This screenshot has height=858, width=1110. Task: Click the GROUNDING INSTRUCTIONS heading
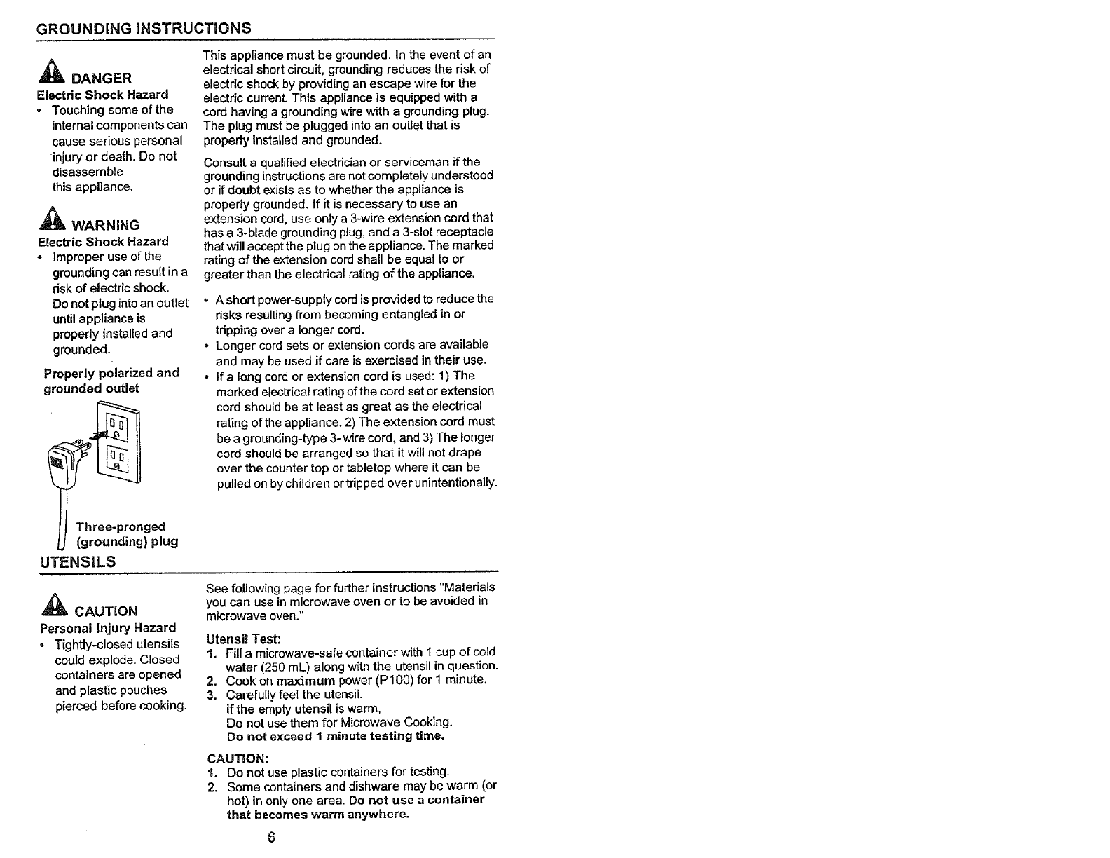(x=144, y=29)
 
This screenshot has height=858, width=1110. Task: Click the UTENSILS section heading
(x=78, y=561)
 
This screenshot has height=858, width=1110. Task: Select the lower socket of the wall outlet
(x=116, y=459)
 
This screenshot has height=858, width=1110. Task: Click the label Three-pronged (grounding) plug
(x=126, y=534)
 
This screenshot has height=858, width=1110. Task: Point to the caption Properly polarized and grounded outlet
(x=111, y=381)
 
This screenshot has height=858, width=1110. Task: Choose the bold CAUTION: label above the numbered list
(x=238, y=758)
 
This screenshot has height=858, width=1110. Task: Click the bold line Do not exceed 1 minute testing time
(x=336, y=736)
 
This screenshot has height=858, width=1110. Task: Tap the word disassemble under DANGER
(x=88, y=172)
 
